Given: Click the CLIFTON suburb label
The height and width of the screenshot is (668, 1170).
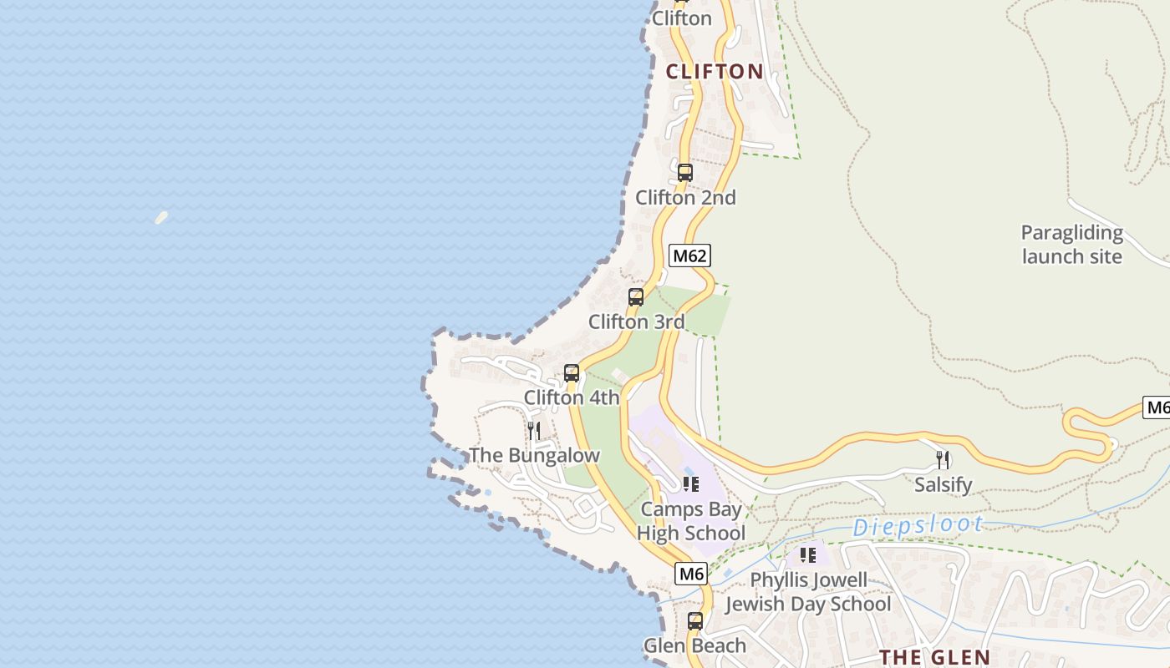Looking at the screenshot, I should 715,72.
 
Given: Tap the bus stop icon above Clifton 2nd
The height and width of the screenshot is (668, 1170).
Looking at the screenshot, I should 685,173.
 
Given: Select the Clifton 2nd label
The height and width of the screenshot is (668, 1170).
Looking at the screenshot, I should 685,198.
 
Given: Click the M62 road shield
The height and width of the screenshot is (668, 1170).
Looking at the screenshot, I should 689,256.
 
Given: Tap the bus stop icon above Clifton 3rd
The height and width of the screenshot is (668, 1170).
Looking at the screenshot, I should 636,297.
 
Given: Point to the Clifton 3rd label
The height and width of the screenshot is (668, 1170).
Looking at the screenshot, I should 636,321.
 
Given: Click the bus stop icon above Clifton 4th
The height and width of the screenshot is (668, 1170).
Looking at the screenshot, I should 572,373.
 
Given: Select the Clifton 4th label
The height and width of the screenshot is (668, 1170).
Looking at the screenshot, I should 572,397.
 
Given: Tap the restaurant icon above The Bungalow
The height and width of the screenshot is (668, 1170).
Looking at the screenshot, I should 533,431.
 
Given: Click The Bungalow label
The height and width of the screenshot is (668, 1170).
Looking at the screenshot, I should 534,455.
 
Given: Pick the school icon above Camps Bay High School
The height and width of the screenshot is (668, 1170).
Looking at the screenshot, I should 691,483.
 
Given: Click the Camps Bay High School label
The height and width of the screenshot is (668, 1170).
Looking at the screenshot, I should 691,521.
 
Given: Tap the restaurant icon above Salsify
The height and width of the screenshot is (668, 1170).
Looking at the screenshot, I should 943,459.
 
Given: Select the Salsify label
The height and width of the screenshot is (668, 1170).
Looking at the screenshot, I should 943,484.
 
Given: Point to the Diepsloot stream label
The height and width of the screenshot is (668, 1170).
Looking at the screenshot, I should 918,525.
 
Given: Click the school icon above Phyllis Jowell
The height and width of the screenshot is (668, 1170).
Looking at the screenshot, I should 807,554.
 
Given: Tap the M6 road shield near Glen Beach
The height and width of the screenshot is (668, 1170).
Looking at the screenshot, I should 691,574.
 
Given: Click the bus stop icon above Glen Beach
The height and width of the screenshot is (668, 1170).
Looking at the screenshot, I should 695,621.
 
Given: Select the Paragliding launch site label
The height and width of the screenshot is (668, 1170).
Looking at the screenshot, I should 1071,244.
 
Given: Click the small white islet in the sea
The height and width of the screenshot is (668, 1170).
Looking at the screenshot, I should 161,218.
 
